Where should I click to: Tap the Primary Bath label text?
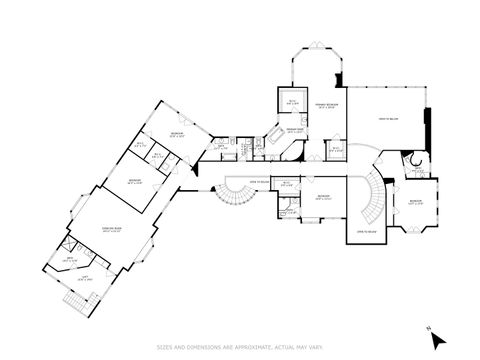coord(295,130)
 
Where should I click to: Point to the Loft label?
coord(87,279)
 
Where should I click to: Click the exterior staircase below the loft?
coord(74,298)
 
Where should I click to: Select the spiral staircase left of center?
coord(235,199)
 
